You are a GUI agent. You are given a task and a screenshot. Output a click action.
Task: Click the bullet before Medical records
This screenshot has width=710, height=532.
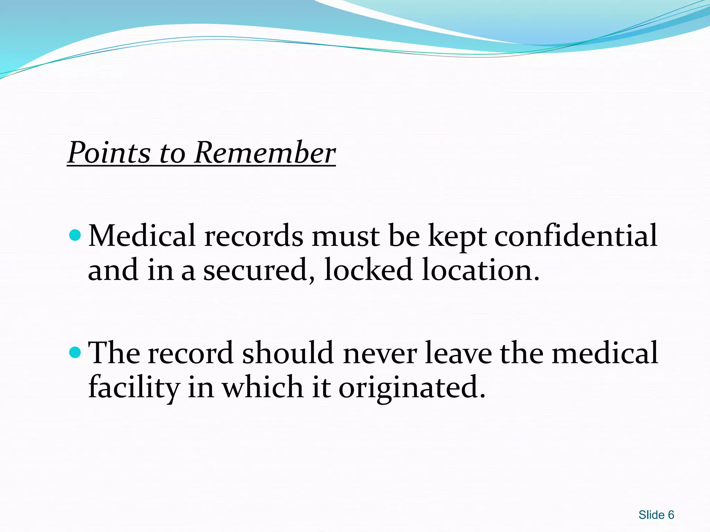click(75, 236)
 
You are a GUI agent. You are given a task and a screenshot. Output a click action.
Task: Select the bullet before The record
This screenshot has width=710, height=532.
click(75, 353)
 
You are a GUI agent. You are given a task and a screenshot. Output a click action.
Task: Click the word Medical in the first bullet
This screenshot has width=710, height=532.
click(142, 236)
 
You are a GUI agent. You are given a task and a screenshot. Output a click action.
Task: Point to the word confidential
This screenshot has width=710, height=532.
click(575, 236)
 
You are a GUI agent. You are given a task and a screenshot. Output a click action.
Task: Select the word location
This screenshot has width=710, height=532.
click(480, 270)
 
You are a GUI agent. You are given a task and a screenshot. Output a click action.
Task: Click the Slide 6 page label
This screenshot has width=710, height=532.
click(656, 515)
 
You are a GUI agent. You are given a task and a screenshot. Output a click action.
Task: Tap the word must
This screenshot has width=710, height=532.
click(345, 237)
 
